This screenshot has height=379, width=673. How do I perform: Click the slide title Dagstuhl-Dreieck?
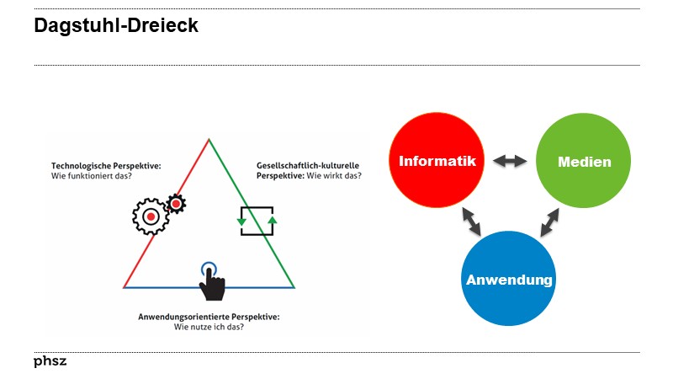click(116, 26)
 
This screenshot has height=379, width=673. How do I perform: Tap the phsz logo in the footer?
click(50, 361)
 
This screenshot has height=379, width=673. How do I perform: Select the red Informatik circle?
click(437, 161)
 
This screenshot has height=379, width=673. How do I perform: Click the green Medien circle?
click(584, 161)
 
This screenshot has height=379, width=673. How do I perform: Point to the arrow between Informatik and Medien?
click(510, 161)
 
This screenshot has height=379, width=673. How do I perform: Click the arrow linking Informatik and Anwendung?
click(471, 222)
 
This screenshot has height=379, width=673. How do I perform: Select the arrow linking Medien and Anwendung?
click(550, 222)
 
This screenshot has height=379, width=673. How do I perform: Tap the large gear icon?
click(151, 216)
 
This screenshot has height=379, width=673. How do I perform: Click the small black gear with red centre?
click(176, 203)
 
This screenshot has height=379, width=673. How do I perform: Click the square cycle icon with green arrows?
click(257, 221)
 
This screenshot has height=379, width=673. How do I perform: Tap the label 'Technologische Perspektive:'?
click(105, 167)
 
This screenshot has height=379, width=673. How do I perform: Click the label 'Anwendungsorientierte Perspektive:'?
click(209, 317)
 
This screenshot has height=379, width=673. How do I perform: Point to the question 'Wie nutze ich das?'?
click(209, 327)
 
